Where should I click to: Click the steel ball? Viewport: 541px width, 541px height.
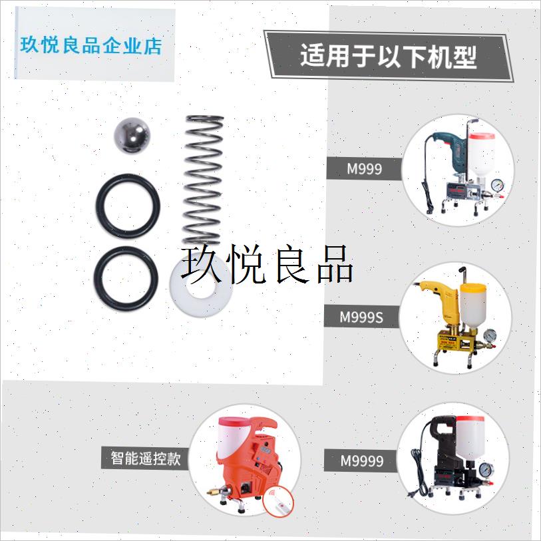pyautogui.click(x=133, y=136)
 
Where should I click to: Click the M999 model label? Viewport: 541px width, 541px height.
pyautogui.click(x=364, y=169)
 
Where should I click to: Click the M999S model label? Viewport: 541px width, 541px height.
pyautogui.click(x=361, y=317)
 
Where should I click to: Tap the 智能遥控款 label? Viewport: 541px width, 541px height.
pyautogui.click(x=145, y=458)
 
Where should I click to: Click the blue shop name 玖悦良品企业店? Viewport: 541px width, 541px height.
pyautogui.click(x=92, y=46)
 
